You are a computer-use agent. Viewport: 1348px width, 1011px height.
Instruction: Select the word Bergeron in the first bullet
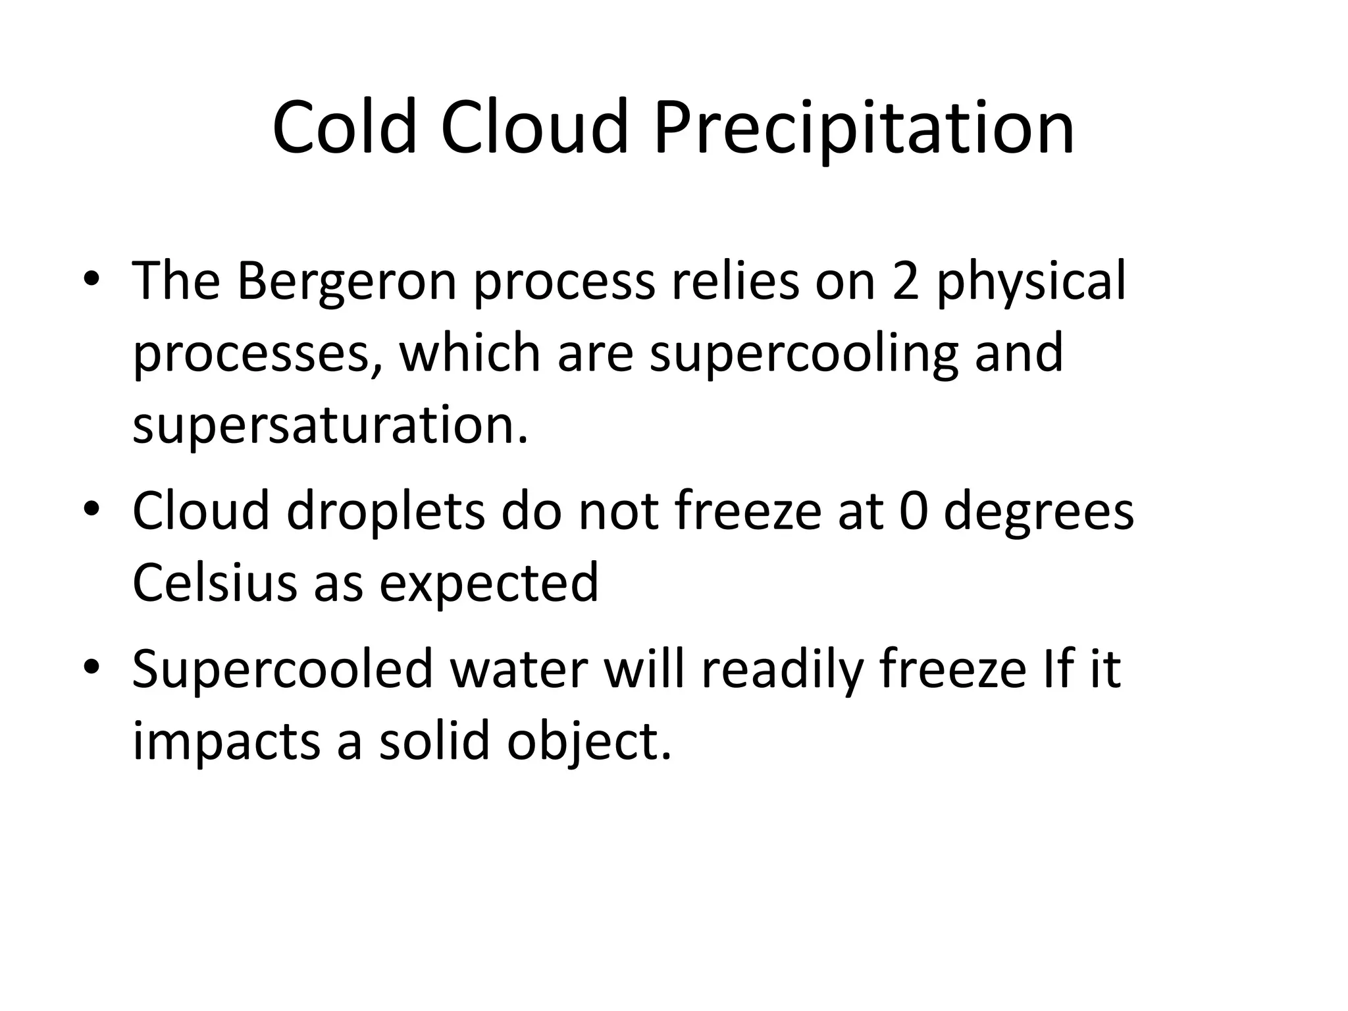click(x=346, y=281)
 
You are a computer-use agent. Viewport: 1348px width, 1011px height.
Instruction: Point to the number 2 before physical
click(x=905, y=281)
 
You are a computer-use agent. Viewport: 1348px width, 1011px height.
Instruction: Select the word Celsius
click(x=215, y=583)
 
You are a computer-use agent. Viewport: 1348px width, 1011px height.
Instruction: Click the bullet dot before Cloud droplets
click(x=91, y=509)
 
